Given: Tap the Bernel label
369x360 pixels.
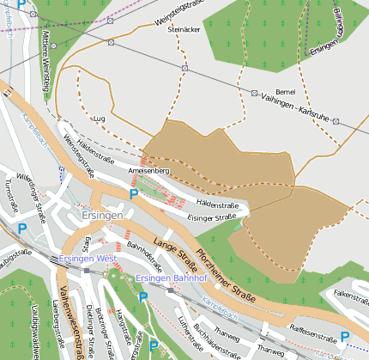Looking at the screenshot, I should [286, 92].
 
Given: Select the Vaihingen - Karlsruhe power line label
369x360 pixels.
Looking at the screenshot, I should [298, 107].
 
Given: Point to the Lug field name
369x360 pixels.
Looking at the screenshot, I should [99, 119].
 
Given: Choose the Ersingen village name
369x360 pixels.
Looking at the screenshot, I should [102, 215].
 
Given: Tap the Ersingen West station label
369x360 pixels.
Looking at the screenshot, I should [88, 259].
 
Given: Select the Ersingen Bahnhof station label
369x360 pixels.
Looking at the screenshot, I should [172, 278].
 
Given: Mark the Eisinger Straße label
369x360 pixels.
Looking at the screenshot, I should [212, 217].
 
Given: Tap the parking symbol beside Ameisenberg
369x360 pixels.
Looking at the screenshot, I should [133, 195].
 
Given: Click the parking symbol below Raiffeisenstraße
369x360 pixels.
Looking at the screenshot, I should [345, 337].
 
